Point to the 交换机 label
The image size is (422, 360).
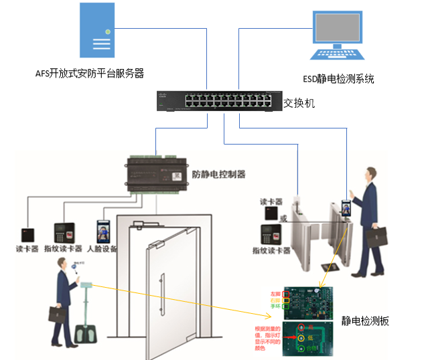tap(299, 104)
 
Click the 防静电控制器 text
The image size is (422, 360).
tap(218, 175)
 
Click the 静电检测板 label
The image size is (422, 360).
tap(365, 321)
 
